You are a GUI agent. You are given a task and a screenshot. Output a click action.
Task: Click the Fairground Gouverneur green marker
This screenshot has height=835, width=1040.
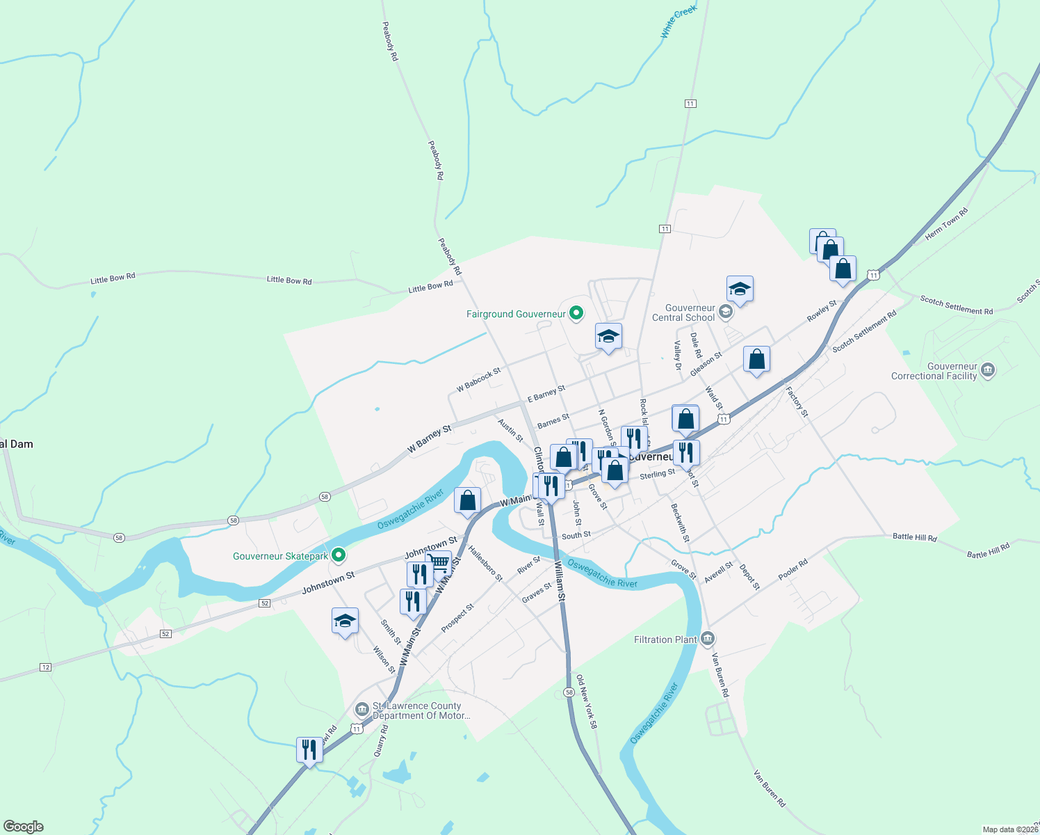click(576, 314)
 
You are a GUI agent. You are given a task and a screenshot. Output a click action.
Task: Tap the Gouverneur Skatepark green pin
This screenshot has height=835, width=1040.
click(339, 555)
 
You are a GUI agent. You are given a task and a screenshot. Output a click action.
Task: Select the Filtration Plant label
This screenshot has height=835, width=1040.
click(665, 639)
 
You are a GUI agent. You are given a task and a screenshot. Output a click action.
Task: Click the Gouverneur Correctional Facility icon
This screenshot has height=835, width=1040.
click(988, 371)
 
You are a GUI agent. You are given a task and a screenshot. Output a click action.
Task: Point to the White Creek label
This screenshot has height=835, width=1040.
click(678, 22)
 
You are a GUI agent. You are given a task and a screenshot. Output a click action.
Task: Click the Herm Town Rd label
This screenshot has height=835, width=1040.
click(946, 225)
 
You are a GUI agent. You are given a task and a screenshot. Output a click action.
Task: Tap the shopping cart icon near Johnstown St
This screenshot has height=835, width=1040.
click(439, 562)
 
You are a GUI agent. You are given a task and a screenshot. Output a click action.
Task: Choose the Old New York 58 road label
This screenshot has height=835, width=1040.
click(586, 701)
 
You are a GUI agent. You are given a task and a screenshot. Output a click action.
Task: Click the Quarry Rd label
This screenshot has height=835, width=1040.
click(380, 740)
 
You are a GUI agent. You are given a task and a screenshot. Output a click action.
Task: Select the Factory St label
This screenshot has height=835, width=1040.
click(797, 401)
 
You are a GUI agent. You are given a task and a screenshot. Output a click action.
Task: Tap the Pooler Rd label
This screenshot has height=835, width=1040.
click(793, 569)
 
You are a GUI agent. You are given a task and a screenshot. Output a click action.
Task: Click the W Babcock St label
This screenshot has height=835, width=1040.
click(478, 379)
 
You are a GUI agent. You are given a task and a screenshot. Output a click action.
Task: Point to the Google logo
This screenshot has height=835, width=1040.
click(24, 827)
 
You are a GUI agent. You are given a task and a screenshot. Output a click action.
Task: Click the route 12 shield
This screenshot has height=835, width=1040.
click(46, 667)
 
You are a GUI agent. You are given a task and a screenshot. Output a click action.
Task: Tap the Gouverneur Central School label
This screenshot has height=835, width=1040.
click(683, 312)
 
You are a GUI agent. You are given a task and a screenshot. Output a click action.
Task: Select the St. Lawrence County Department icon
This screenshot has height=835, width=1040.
click(361, 710)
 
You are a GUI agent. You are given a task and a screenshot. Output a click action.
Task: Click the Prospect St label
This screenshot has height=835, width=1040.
click(457, 617)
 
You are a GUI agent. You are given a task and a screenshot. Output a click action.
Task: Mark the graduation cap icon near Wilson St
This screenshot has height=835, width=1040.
click(345, 621)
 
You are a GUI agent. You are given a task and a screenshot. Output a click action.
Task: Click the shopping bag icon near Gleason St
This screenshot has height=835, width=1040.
click(756, 359)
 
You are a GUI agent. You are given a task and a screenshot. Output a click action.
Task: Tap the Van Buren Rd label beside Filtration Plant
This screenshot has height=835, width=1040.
click(720, 674)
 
